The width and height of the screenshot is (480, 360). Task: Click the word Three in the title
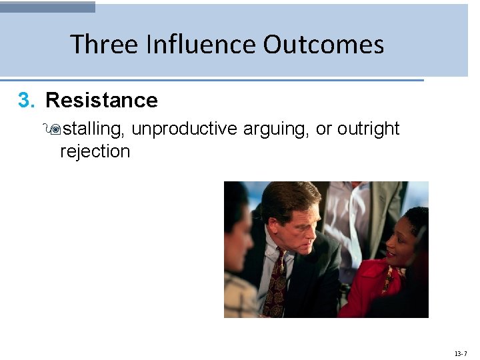[x=103, y=45]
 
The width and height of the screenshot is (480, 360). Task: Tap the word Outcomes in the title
[x=323, y=45]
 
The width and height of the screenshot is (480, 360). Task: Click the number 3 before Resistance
[x=25, y=101]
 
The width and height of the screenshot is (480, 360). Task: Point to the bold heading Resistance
[x=101, y=101]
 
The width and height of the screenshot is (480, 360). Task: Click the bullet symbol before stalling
[x=53, y=129]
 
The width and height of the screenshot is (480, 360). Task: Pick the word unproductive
[x=184, y=128]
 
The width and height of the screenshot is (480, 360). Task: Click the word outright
[x=368, y=128]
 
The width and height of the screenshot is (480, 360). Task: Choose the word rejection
[x=95, y=151]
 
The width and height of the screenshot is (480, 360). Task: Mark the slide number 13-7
[x=461, y=353]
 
